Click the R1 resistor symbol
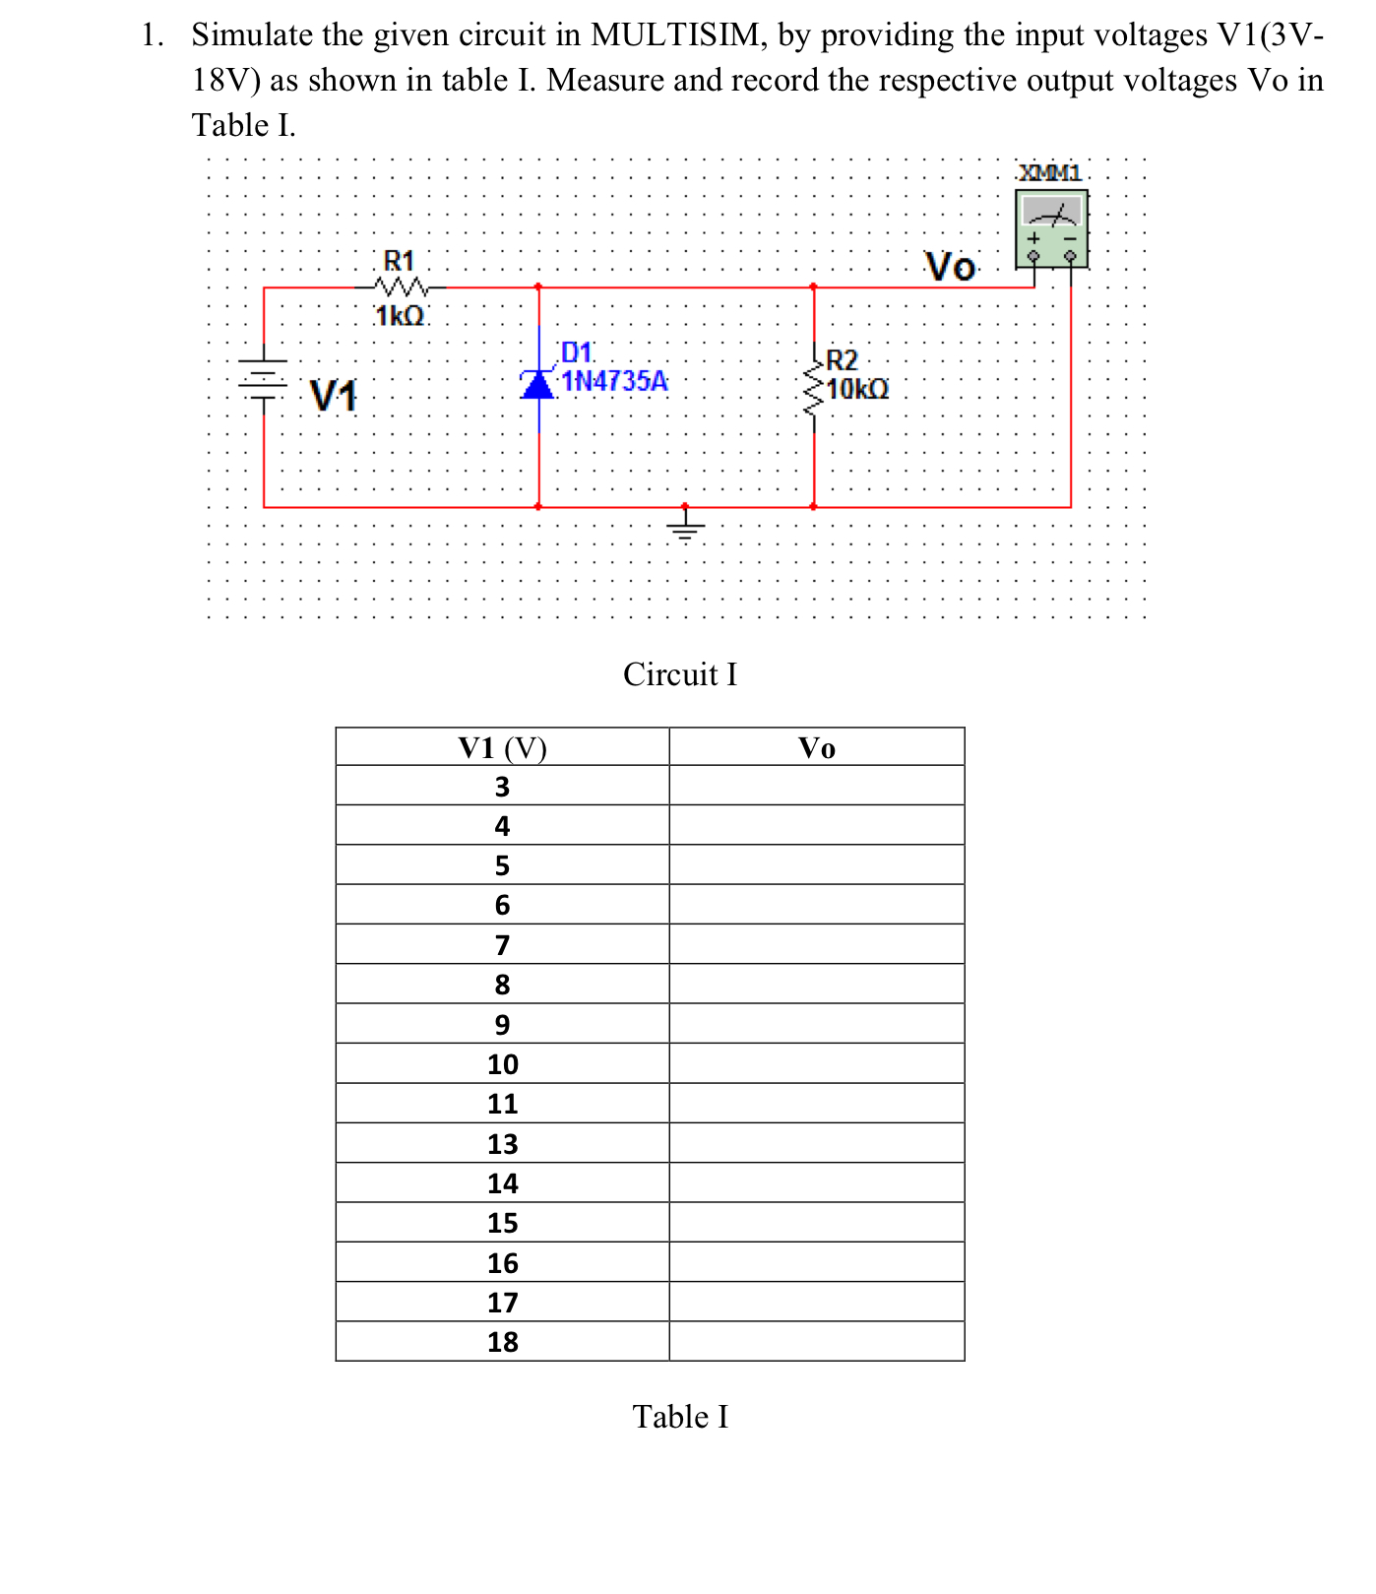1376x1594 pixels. [400, 287]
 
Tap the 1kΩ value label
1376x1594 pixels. [400, 316]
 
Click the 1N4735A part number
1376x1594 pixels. [614, 381]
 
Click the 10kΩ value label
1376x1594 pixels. [857, 389]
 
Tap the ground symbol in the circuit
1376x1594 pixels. [686, 524]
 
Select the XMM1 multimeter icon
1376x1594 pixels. [1051, 228]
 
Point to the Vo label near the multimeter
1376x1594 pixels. [950, 267]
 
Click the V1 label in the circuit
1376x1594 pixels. [334, 396]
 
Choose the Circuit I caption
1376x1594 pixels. [680, 674]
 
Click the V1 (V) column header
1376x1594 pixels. [502, 748]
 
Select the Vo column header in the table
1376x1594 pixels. [816, 748]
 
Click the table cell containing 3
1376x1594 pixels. [502, 787]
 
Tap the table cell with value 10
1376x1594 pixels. [502, 1064]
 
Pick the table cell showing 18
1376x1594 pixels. [502, 1342]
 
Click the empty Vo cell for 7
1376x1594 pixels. [816, 945]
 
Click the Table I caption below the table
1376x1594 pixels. [680, 1417]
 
